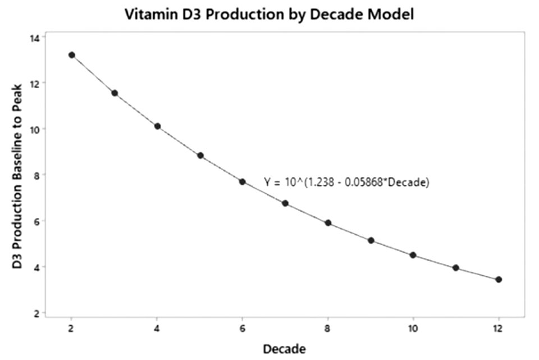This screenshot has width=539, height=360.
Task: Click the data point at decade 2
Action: click(71, 55)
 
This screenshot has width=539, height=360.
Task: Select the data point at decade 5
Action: click(200, 156)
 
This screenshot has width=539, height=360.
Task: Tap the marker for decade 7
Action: click(285, 203)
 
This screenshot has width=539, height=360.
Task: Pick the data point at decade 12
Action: click(499, 280)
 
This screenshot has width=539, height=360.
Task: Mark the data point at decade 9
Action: click(371, 240)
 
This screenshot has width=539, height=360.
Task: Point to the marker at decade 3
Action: click(115, 93)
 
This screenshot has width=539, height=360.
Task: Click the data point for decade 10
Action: click(413, 255)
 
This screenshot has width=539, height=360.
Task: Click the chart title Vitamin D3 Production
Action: click(269, 15)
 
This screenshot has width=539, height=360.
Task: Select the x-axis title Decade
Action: click(285, 349)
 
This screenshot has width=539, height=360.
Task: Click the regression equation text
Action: click(346, 182)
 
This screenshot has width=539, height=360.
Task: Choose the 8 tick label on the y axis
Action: click(38, 175)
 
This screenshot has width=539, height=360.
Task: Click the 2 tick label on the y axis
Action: click(38, 313)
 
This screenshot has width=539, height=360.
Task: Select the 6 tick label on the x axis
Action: click(243, 328)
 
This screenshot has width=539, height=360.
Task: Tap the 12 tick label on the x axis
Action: click(499, 328)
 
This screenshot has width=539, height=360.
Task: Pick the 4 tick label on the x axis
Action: click(157, 328)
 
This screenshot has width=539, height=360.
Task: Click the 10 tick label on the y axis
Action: click(35, 129)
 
